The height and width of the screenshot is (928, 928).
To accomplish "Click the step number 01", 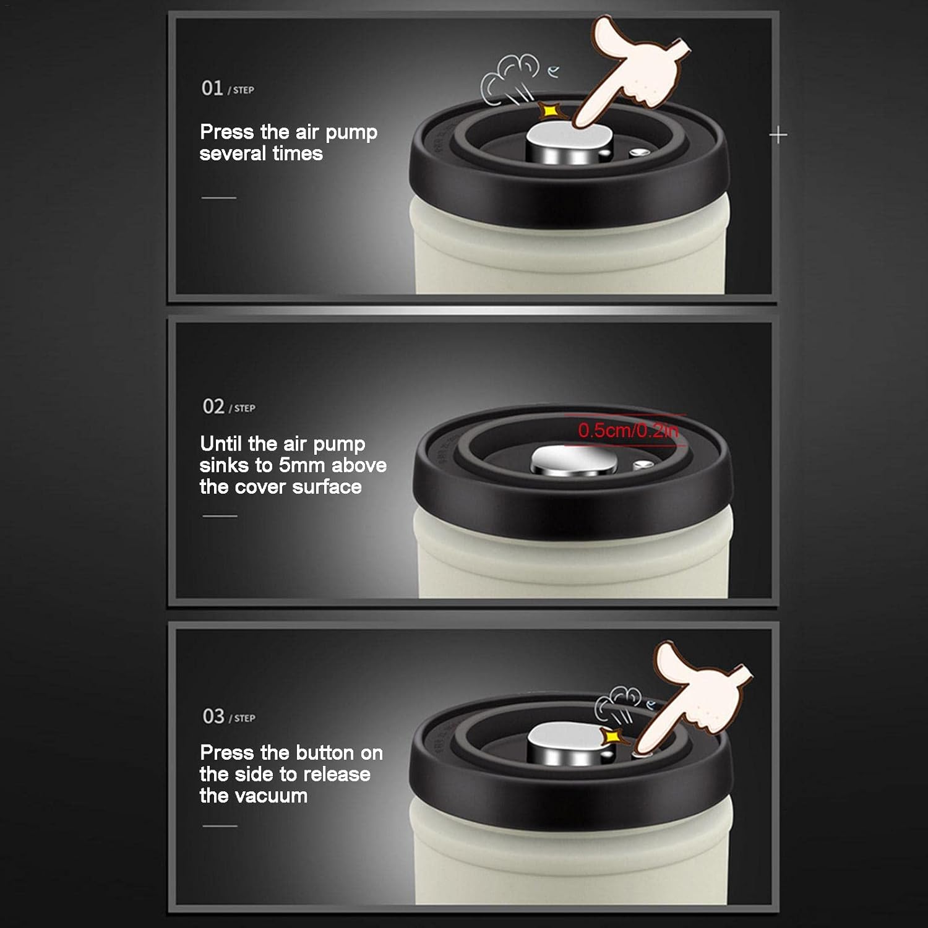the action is pos(212,88).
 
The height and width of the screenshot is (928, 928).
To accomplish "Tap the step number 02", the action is pos(213,406).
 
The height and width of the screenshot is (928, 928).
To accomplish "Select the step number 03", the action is pos(213,716).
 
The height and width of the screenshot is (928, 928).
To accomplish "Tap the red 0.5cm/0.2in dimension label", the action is pos(628,431).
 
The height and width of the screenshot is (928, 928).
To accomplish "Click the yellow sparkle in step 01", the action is pos(548,111).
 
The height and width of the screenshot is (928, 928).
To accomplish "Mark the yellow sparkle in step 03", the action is pos(612,736).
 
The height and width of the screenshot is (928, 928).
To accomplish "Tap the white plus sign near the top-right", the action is pos(778,135).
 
